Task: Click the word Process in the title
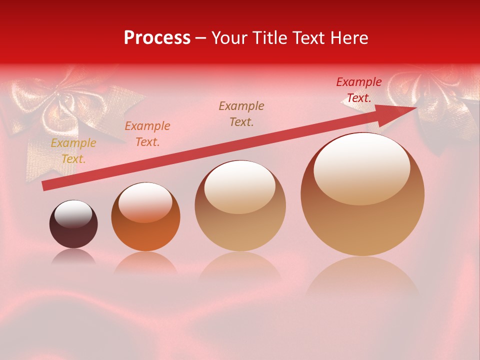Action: (157, 38)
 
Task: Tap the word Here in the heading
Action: (349, 38)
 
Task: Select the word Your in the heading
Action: (229, 38)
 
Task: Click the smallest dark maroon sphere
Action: (73, 224)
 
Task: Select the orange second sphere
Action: (145, 217)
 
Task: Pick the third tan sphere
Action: (240, 206)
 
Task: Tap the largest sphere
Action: (362, 195)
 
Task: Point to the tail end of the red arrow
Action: (46, 186)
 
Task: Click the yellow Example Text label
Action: (73, 151)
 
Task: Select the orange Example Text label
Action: (147, 134)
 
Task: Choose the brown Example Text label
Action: (241, 113)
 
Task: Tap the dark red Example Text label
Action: (359, 90)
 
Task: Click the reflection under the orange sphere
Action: (145, 262)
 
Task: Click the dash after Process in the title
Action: (201, 38)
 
